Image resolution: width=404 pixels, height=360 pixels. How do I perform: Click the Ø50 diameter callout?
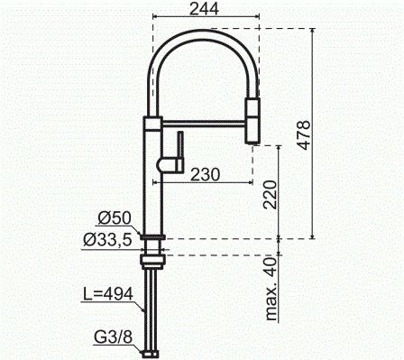pos(115,218)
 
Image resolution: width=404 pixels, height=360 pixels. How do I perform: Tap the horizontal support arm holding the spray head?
pos(203,116)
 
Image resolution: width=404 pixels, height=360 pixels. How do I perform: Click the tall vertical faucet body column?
pos(152,180)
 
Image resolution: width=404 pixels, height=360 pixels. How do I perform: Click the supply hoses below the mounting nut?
pos(151,307)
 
